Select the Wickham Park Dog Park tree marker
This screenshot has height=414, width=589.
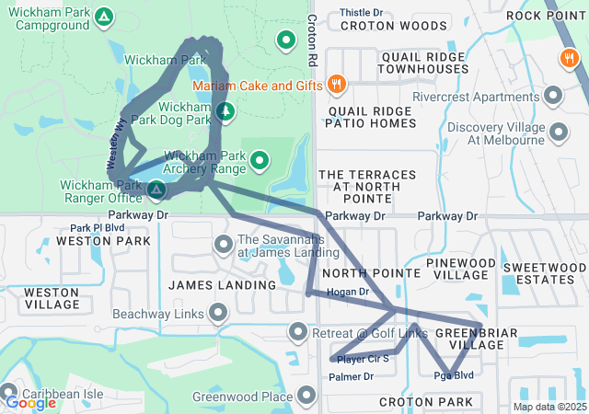[x=225, y=112]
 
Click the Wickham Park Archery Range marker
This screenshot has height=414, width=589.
[x=260, y=162]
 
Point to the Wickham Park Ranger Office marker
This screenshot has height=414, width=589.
[x=156, y=190]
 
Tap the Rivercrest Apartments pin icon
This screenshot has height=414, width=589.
[x=553, y=96]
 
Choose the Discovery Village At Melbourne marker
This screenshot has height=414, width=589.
[x=558, y=133]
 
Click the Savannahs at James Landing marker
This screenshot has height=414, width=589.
[x=223, y=245]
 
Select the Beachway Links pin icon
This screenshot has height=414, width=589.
[x=218, y=314]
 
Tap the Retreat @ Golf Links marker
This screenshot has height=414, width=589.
[x=297, y=331]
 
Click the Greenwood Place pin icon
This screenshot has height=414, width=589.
[x=306, y=397]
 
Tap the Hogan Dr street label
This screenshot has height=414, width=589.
[x=348, y=292]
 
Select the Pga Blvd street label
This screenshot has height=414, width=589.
[x=453, y=375]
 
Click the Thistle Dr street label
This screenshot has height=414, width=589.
[x=362, y=13]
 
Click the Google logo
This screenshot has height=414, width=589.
[x=30, y=402]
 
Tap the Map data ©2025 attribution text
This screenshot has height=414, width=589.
[x=549, y=407]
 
